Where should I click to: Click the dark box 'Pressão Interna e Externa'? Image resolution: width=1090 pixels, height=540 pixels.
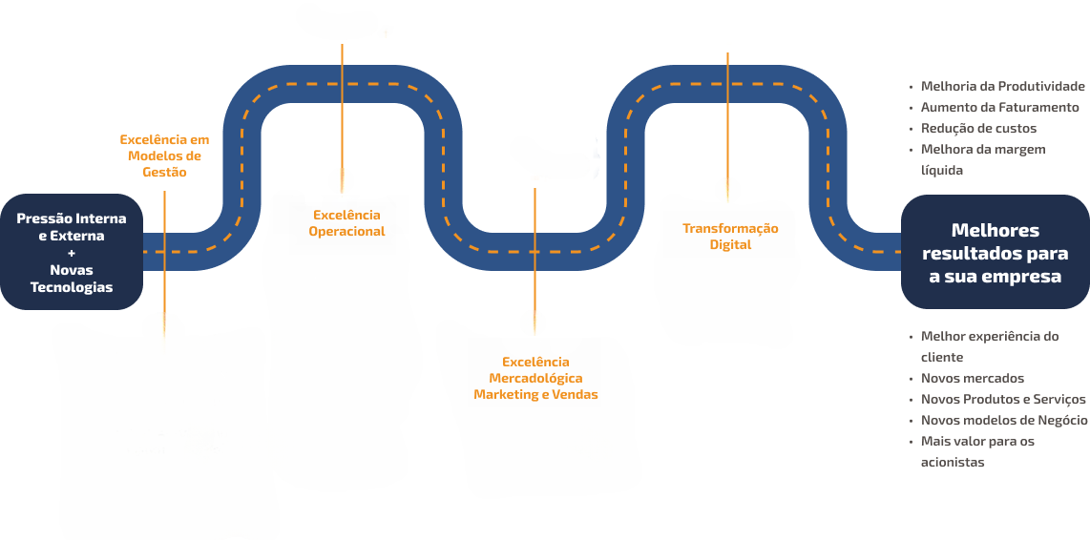tap(72, 252)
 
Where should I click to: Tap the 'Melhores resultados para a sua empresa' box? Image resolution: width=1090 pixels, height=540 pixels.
tap(996, 253)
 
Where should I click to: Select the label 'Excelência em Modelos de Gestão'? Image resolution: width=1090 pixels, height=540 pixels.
tap(164, 156)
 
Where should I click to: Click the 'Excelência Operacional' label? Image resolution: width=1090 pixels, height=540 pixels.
tap(346, 222)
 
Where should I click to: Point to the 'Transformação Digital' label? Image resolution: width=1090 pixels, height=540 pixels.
tap(730, 236)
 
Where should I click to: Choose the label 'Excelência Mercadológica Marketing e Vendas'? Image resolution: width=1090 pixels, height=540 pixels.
tap(535, 378)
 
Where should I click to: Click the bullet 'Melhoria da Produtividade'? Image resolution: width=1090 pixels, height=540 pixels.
tap(1002, 86)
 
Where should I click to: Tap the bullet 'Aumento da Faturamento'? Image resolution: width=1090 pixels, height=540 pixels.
tap(999, 107)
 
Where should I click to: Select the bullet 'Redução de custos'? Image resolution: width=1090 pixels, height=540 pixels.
tap(978, 128)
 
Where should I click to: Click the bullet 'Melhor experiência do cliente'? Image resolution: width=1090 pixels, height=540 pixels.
tap(989, 346)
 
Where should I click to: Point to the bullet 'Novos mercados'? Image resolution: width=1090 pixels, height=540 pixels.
tap(972, 378)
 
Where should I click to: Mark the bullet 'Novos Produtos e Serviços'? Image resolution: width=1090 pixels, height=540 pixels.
tap(1002, 399)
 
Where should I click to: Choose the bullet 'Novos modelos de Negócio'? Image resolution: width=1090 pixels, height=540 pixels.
tap(1003, 420)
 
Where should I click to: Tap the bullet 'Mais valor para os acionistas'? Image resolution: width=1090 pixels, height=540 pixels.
tap(976, 451)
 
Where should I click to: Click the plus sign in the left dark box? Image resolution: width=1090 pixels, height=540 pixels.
tap(72, 253)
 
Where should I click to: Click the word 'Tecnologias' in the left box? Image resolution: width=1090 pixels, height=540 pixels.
tap(72, 287)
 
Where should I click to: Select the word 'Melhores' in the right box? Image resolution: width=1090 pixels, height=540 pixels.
tap(996, 230)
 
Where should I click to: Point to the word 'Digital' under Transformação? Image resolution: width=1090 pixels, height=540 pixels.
tap(730, 245)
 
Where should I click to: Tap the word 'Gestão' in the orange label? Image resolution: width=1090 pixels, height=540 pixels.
tap(164, 173)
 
